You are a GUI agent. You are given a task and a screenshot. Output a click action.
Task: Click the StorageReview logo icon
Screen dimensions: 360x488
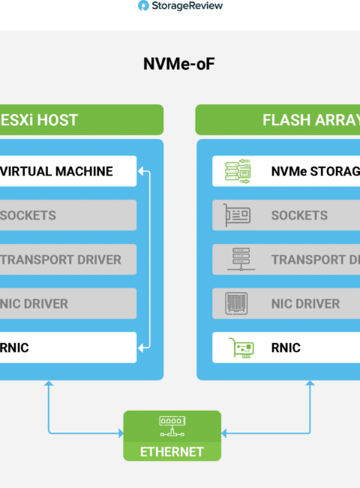(x=143, y=5)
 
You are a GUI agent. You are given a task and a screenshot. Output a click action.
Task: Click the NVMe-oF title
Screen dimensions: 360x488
(x=179, y=64)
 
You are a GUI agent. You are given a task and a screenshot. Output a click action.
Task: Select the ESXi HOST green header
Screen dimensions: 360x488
(x=82, y=120)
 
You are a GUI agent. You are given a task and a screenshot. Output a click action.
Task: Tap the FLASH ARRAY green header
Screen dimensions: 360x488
(x=277, y=120)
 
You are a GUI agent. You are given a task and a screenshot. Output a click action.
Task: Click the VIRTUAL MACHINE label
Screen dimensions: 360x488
(x=56, y=171)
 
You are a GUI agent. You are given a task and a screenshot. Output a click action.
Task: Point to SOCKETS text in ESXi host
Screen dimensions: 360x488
(x=28, y=215)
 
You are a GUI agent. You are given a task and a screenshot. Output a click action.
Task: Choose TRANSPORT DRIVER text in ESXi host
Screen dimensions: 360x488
(x=60, y=260)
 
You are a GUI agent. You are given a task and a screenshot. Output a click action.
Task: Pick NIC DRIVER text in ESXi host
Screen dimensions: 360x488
(x=34, y=304)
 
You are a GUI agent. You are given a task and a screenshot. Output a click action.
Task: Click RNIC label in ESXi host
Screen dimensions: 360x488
(x=14, y=348)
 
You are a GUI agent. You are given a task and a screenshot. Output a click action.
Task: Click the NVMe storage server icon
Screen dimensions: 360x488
(x=238, y=171)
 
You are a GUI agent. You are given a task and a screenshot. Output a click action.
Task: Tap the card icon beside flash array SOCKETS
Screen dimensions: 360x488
(x=237, y=215)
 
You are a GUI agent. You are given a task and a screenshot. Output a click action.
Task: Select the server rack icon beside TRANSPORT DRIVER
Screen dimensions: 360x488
(x=241, y=259)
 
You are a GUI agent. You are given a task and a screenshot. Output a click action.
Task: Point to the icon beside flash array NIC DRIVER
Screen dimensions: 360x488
(x=236, y=303)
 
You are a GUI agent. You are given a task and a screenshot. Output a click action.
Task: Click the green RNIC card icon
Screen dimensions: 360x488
(x=241, y=348)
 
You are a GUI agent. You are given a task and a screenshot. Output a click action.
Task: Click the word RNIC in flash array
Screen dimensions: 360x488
(x=286, y=348)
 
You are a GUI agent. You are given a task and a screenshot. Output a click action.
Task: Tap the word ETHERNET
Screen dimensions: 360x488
(x=172, y=452)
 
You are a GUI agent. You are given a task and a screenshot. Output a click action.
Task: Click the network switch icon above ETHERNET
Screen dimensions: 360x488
(x=172, y=426)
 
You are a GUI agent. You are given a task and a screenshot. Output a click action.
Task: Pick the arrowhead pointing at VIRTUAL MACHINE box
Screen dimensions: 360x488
(x=140, y=171)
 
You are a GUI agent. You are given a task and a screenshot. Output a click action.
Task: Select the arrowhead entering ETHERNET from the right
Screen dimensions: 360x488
(x=223, y=433)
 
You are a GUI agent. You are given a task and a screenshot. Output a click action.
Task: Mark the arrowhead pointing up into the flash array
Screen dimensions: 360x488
(x=310, y=383)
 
